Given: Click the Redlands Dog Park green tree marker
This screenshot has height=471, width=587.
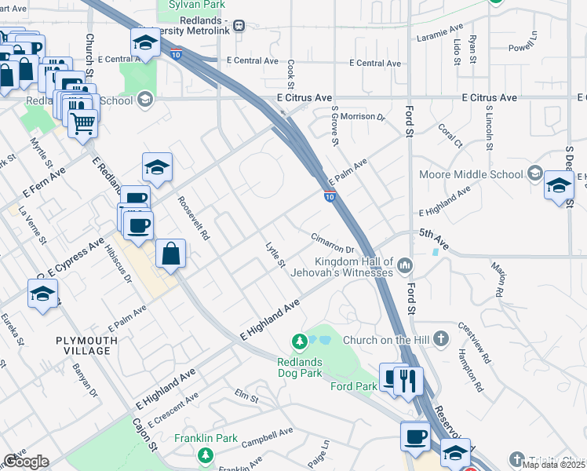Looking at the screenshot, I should coord(299,341).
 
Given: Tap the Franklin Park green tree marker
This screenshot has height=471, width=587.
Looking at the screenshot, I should coord(205,455).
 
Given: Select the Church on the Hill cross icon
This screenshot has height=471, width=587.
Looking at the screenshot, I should coord(442,339).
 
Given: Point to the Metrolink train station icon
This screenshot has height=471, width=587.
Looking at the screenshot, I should coord(239,26).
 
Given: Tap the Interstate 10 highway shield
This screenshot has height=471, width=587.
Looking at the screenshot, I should coord(330,194).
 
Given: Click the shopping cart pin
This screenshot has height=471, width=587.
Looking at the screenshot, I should coord(82,122).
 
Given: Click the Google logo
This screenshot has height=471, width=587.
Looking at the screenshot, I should coord(25,462).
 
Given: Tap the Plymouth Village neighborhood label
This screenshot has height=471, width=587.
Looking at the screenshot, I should coord(86,345).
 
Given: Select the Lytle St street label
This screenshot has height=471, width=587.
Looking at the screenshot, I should coord(275,255).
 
